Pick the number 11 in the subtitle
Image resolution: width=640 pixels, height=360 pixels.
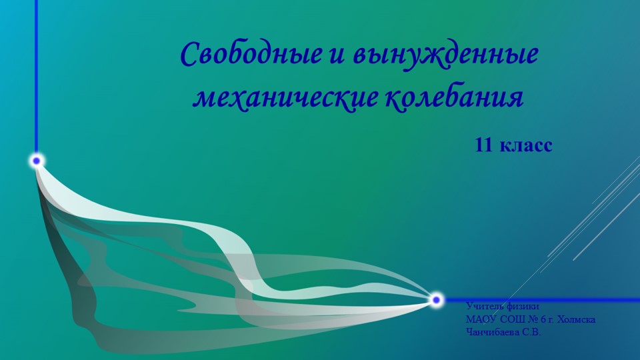483,144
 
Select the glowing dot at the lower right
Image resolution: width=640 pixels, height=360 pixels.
436,300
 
